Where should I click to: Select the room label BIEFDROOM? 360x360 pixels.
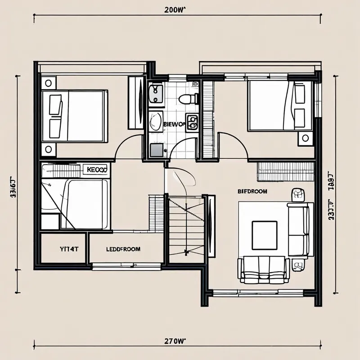pos(252,191)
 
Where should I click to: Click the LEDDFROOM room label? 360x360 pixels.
pos(123,249)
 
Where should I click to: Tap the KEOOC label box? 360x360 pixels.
pos(95,170)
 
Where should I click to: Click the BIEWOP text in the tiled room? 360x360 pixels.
pos(173,122)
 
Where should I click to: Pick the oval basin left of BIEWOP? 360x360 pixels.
pos(156,121)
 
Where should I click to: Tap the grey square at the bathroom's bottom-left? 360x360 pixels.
pos(156,150)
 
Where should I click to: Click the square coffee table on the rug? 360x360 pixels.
pos(264,234)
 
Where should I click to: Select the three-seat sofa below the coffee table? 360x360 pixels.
pos(264,270)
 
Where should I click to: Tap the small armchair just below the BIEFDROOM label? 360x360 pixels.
pos(297,194)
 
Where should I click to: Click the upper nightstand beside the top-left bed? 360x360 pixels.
pos(48,83)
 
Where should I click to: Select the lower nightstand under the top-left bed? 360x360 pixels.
pos(48,149)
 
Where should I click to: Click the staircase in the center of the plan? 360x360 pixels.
pos(185,227)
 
